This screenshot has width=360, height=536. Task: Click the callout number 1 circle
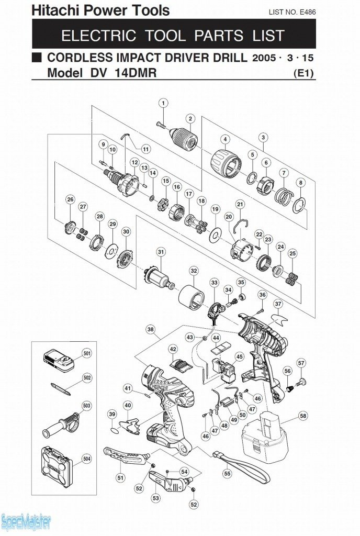tap(164, 103)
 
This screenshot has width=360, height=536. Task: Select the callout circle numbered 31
tap(161, 252)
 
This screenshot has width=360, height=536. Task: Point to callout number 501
tap(87, 354)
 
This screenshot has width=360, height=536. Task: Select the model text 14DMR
tap(136, 73)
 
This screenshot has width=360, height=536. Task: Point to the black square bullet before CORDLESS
tap(37, 57)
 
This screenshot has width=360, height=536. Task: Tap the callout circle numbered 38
tap(151, 330)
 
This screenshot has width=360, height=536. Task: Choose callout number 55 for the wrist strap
tap(227, 473)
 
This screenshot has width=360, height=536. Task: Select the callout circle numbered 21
tap(240, 204)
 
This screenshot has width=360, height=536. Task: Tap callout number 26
tap(70, 199)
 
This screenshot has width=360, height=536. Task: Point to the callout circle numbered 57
tap(301, 363)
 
